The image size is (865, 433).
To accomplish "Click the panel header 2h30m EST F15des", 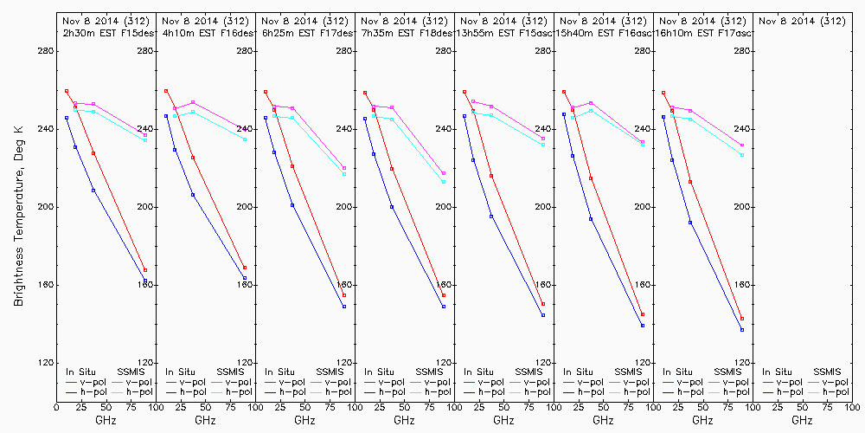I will coord(106,32).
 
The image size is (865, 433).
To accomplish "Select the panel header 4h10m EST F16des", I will coord(205,32).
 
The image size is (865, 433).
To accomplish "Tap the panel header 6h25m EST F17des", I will coord(304,32).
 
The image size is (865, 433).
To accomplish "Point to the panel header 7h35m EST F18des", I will coord(404,32).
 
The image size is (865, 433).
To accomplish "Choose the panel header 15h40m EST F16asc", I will coord(603,32).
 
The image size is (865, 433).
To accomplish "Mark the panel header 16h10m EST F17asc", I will coord(702,32).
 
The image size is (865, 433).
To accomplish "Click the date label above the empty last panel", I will coord(801,20).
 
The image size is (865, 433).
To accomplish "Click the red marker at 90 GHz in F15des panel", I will coord(145,270).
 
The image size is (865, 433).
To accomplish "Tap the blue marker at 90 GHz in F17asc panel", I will coord(742,330).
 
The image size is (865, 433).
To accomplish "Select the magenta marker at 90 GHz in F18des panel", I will coord(444,173).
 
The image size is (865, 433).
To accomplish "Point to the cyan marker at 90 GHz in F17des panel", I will coord(344,175).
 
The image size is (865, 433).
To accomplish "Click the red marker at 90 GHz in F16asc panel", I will coord(643,315).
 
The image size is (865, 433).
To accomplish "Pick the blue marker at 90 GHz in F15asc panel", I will coord(543,315).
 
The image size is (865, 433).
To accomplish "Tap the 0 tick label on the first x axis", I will coord(56,407).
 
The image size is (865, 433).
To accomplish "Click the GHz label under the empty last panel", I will coord(802,421).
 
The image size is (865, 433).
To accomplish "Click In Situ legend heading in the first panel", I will coord(80,372).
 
